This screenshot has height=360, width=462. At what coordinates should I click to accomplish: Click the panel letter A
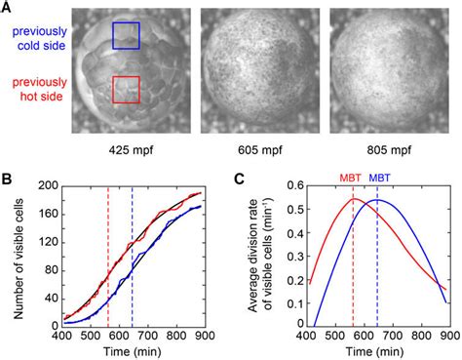[x=8, y=7]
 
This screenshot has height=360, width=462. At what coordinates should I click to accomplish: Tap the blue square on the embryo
[x=127, y=36]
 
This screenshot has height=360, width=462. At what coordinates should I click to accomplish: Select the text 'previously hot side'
[x=31, y=89]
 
